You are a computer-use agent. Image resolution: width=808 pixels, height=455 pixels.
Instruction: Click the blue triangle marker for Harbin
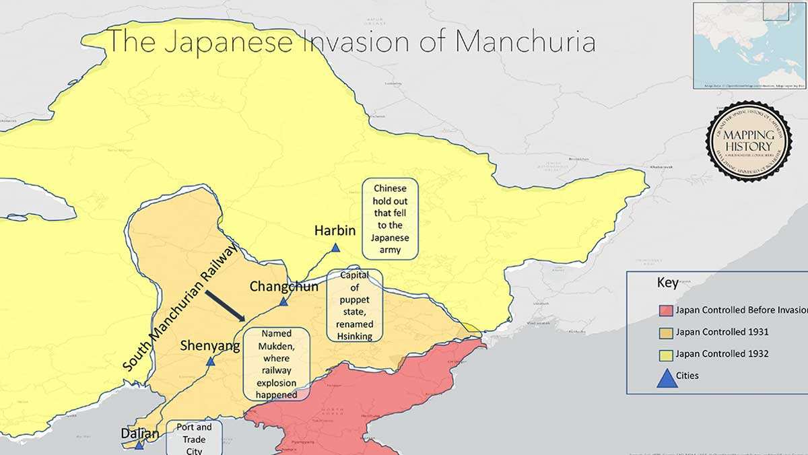coord(335,248)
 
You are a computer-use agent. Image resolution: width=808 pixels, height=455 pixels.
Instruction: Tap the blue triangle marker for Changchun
coord(283,302)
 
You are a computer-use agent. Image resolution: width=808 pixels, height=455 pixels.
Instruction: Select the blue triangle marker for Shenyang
coord(210,361)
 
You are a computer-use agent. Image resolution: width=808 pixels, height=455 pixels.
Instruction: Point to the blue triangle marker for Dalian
coord(139,445)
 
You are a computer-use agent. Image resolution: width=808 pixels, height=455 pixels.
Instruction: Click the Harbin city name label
coord(335,231)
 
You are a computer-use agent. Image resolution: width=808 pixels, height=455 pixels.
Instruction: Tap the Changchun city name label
coord(283,286)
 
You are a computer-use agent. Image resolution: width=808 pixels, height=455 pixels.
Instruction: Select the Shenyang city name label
coord(210,346)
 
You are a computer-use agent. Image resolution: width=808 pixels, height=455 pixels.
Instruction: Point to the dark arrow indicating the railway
coord(226,306)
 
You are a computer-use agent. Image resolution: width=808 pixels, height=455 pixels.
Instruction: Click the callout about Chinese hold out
coord(390,219)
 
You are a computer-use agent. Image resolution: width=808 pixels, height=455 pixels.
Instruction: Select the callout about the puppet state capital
coord(354,306)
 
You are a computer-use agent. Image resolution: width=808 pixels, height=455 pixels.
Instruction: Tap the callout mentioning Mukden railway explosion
coord(276,364)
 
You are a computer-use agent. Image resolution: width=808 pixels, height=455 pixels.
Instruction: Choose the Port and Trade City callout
coord(194,438)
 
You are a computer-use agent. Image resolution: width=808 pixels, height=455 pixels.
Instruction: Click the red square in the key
coord(665,310)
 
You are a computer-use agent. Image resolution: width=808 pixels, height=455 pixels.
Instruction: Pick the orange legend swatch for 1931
coord(665,332)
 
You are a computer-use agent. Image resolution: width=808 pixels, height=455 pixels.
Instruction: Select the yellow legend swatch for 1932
coord(665,354)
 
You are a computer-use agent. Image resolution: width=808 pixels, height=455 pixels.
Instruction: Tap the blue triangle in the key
coord(667,378)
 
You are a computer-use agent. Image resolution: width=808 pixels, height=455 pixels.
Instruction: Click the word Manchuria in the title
coord(525,41)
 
